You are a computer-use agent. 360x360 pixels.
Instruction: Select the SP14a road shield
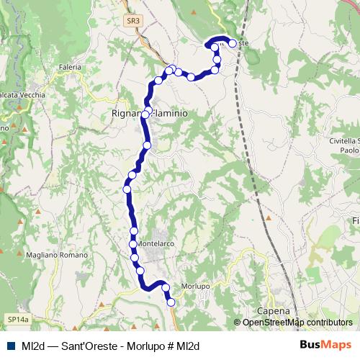tap(19, 318)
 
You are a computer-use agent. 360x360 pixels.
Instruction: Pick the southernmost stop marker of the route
tap(171, 302)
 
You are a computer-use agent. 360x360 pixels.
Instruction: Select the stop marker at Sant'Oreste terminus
tap(232, 43)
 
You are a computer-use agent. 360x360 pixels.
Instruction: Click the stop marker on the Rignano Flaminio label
tap(146, 114)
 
